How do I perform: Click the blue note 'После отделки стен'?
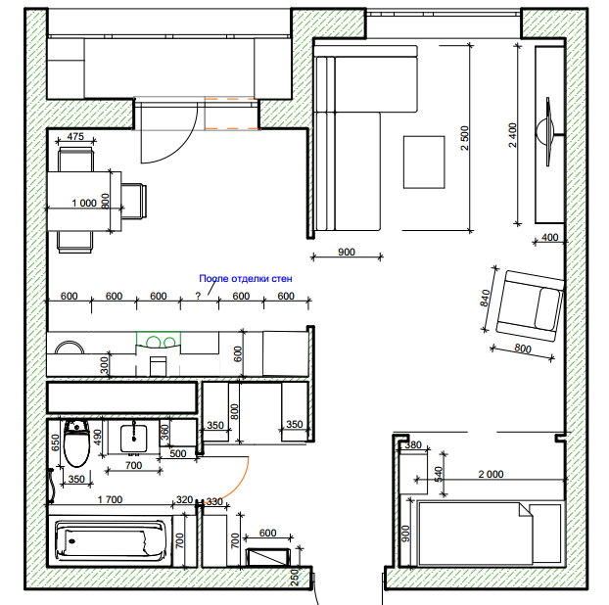[246, 278]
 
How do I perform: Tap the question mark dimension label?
[198, 296]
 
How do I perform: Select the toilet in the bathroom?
[76, 443]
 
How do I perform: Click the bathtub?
[111, 540]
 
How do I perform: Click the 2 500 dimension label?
[465, 138]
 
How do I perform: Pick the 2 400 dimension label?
[513, 135]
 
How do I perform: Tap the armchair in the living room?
[530, 306]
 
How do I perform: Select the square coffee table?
[424, 162]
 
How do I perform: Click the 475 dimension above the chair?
[75, 136]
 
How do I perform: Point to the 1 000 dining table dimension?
[84, 203]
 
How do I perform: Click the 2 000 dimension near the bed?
[491, 474]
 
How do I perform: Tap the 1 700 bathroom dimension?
[110, 499]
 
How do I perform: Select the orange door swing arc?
[236, 482]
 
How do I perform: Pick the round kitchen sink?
[70, 348]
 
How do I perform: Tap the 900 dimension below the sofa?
[347, 252]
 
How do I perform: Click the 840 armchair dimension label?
[485, 299]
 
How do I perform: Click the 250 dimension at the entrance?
[295, 578]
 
